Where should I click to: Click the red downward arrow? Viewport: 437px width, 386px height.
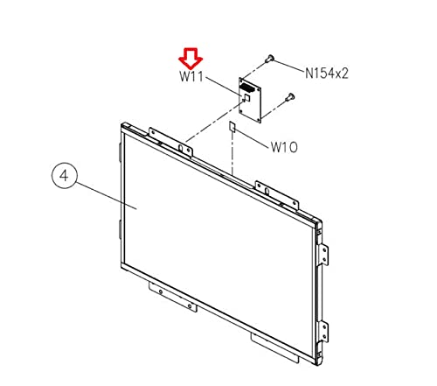191,59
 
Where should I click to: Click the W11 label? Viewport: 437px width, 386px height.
191,77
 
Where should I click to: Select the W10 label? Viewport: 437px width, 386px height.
284,147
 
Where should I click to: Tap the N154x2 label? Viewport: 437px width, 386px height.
327,74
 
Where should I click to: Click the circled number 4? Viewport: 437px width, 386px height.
65,176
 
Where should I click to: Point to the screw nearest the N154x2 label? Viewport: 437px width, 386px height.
269,59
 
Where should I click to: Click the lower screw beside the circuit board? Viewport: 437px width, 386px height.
289,97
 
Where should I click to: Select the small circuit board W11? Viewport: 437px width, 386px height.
250,100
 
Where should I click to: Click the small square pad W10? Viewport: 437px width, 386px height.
232,127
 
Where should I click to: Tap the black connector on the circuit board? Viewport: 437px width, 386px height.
247,87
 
